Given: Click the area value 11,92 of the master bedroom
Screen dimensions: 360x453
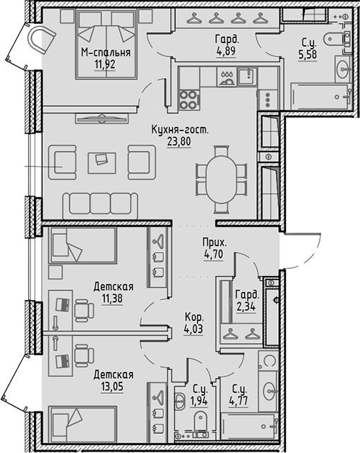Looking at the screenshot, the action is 105,64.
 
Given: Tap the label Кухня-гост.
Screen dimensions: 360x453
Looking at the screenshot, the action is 179,130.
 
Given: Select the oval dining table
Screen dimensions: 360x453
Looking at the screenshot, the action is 222,180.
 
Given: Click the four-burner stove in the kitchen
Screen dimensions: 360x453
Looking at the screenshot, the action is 189,99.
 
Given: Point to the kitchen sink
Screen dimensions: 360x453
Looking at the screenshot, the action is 247,76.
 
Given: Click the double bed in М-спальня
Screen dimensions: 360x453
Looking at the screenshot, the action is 106,44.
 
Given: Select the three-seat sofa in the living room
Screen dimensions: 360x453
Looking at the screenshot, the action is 100,206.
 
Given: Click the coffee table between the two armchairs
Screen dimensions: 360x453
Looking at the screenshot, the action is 102,163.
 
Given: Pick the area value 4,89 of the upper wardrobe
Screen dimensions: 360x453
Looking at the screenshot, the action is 226,51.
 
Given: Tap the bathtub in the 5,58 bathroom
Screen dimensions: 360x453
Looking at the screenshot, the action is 321,97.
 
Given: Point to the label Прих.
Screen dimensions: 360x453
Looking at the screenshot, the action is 215,243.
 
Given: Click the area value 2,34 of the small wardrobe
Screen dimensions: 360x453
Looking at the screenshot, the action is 246,306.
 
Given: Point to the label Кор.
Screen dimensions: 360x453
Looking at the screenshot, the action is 194,318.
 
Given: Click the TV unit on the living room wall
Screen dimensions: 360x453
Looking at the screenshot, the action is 102,118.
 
